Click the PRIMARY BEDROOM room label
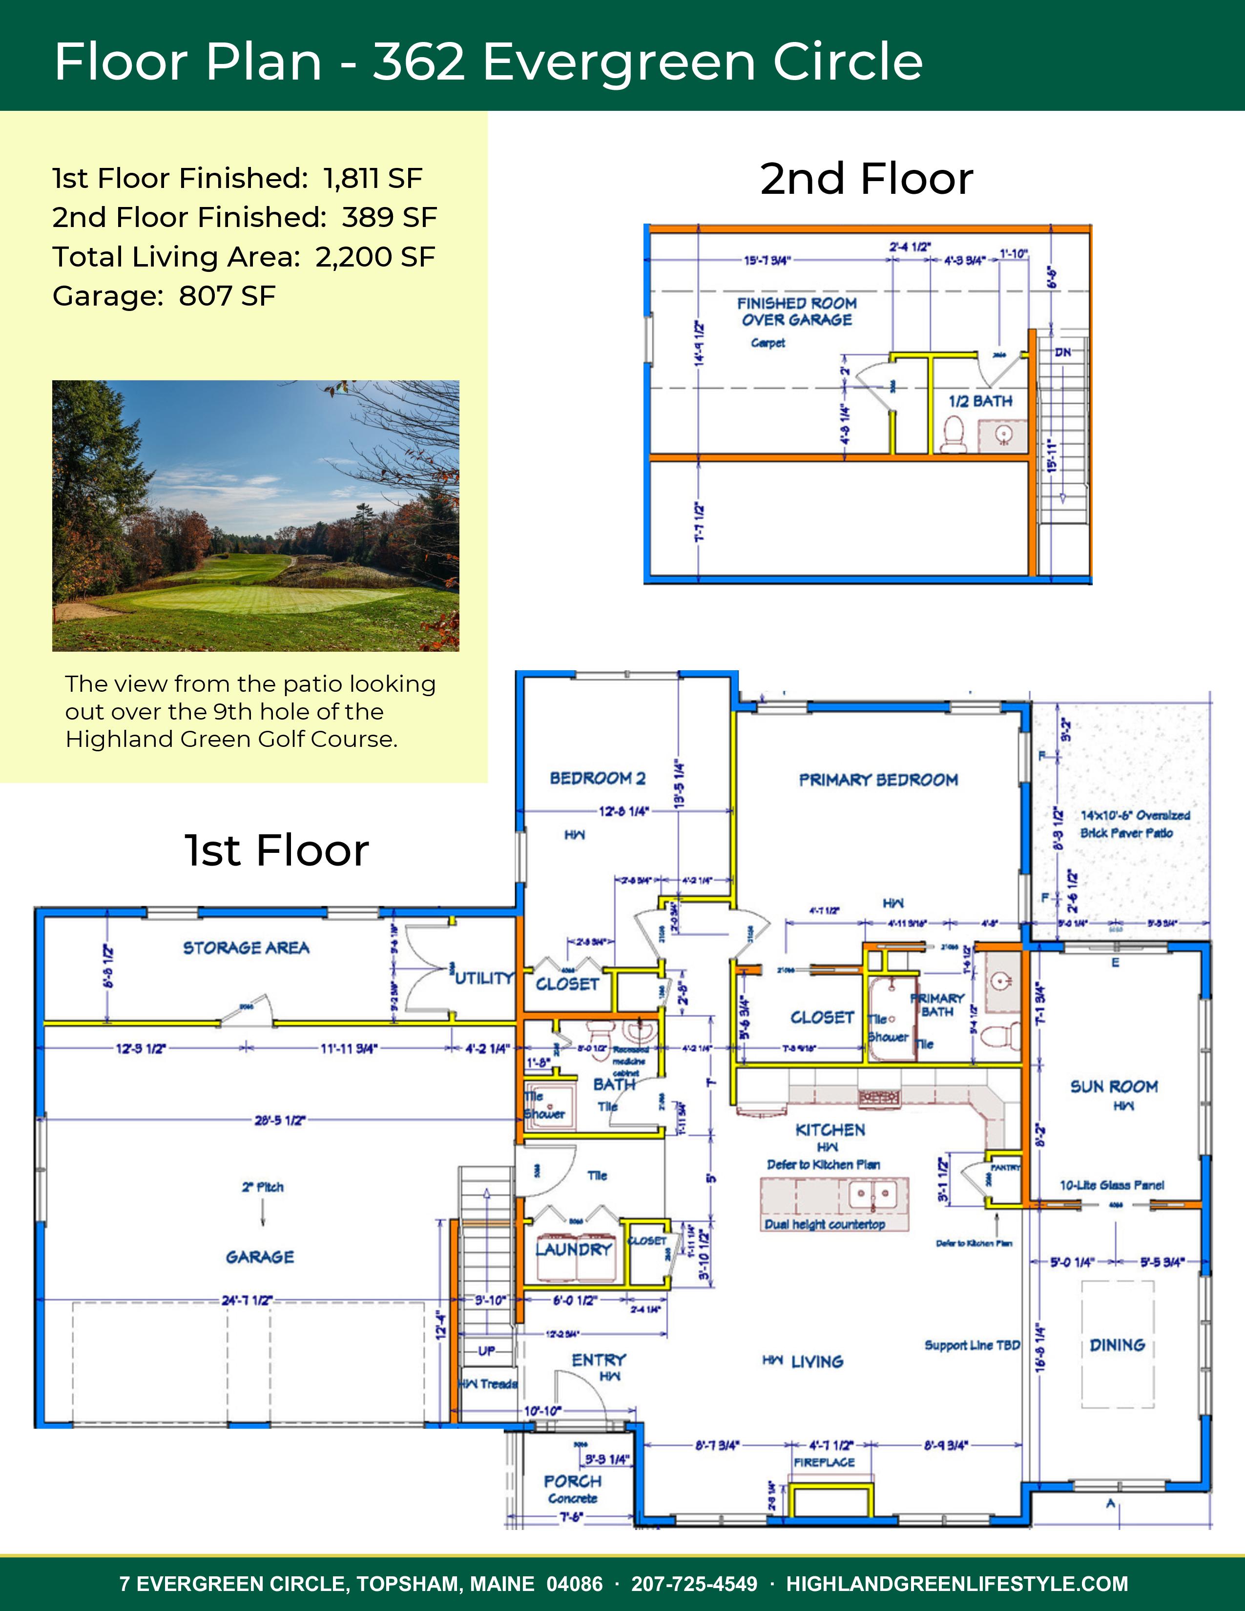click(878, 780)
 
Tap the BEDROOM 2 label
click(598, 778)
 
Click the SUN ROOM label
click(1114, 1087)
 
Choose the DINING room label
click(1117, 1345)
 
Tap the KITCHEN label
click(830, 1130)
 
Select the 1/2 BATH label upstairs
click(980, 401)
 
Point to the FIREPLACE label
click(824, 1462)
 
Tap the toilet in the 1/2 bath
click(954, 434)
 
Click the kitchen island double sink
click(872, 1194)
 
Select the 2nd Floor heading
click(867, 179)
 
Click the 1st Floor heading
click(276, 850)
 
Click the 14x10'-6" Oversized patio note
click(1135, 816)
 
